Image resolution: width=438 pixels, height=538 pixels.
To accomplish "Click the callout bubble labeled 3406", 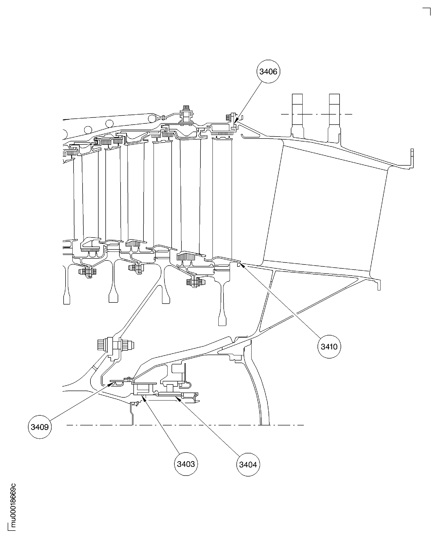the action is (268, 72).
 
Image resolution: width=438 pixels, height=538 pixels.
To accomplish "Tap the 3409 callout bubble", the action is (40, 427).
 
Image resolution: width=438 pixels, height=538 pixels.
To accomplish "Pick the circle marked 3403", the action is (186, 464).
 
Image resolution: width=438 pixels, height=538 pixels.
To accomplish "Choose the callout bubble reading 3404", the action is (248, 465).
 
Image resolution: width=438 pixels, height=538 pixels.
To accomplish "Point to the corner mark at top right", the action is (427, 11).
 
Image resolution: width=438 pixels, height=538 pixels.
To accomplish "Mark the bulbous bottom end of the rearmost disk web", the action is (222, 321).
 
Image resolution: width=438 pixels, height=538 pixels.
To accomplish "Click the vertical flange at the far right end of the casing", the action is (412, 158).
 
